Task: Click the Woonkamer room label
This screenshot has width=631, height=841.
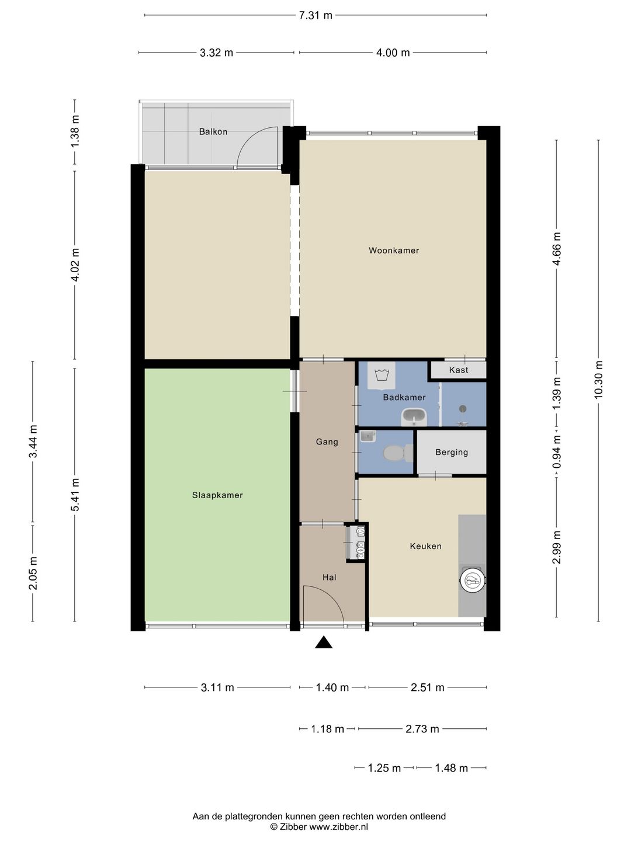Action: tap(393, 251)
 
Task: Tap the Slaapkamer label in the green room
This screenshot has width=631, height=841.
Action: tap(217, 495)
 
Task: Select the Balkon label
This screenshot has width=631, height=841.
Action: tap(213, 132)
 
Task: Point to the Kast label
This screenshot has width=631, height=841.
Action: tap(458, 370)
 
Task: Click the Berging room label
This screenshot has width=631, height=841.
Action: tap(451, 453)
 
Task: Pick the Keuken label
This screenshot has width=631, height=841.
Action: tap(425, 547)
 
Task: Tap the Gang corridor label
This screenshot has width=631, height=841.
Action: tap(327, 442)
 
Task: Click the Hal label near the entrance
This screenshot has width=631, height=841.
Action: tap(329, 578)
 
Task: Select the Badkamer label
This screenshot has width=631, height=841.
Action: tap(404, 398)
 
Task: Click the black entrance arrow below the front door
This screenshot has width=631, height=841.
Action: tap(323, 642)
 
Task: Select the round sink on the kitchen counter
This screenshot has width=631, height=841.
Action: tap(473, 581)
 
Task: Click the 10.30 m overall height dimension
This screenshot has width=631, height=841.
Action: tap(598, 380)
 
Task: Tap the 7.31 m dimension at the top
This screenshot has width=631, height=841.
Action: tap(315, 16)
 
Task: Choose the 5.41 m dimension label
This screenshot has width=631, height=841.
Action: tap(75, 495)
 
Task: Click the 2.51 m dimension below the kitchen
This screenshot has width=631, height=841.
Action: tap(427, 688)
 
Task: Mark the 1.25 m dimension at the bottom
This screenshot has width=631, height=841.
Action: tap(384, 768)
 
